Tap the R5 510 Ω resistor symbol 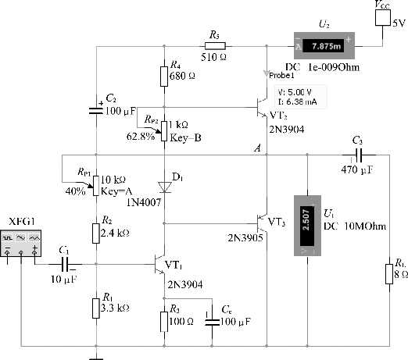pyautogui.click(x=215, y=46)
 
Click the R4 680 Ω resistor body pyautogui.click(x=164, y=77)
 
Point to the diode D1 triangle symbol pyautogui.click(x=165, y=187)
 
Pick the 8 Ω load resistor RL pyautogui.click(x=389, y=274)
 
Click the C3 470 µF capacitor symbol pyautogui.click(x=360, y=155)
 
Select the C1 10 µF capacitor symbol pyautogui.click(x=65, y=264)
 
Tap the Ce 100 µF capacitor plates pyautogui.click(x=212, y=323)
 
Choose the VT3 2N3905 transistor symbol pyautogui.click(x=262, y=223)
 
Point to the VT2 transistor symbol pyautogui.click(x=262, y=107)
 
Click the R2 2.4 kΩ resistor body pyautogui.click(x=96, y=233)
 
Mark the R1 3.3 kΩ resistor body pyautogui.click(x=96, y=308)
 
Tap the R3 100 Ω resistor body pyautogui.click(x=164, y=322)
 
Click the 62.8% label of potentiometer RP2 pyautogui.click(x=141, y=136)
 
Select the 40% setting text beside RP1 pyautogui.click(x=75, y=191)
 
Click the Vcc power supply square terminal pyautogui.click(x=383, y=18)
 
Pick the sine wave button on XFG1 pyautogui.click(x=21, y=238)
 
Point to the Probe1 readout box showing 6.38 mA pyautogui.click(x=301, y=97)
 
